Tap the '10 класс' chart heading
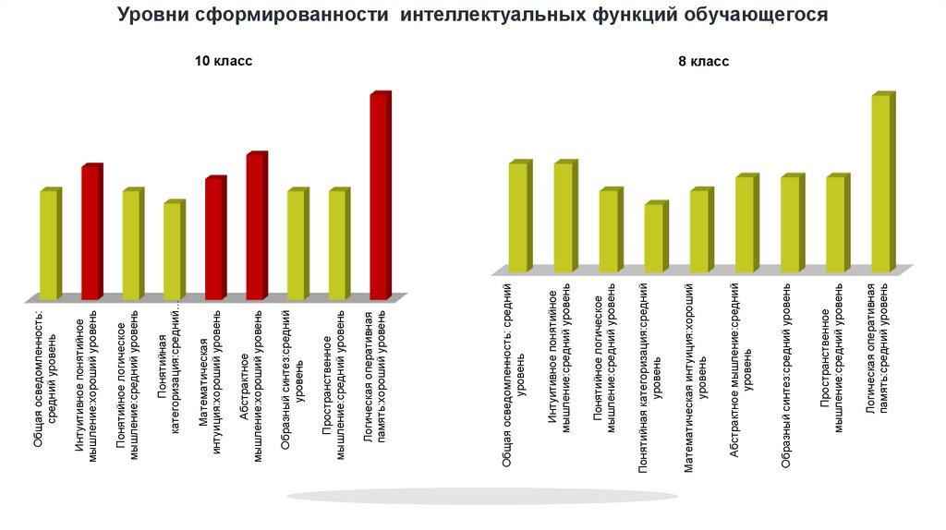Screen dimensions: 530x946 tap(223, 61)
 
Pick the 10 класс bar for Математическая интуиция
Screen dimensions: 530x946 tap(214, 238)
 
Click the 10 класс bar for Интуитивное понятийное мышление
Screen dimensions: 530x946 tap(91, 233)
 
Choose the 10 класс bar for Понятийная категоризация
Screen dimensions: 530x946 tap(173, 251)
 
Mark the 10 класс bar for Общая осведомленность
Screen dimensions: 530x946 tap(49, 245)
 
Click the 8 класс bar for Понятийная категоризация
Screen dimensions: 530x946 tap(654, 237)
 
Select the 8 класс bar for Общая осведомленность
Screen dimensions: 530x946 tap(518, 217)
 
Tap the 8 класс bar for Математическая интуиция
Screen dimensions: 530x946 tap(699, 231)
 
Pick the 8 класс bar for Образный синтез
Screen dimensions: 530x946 tap(790, 223)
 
